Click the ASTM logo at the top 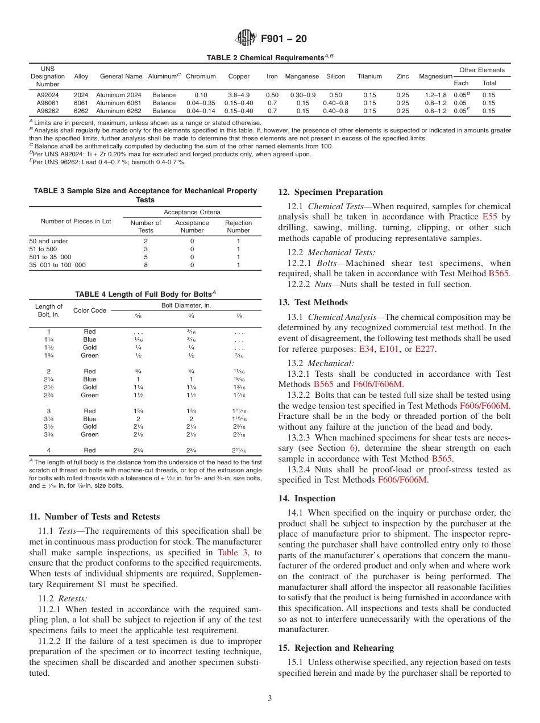tap(246, 39)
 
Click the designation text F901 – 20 tap(284, 39)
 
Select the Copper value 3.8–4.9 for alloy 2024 tap(239, 95)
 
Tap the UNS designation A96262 tap(48, 111)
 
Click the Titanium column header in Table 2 tap(369, 76)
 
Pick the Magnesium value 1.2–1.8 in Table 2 tap(435, 95)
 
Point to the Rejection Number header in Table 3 tap(238, 227)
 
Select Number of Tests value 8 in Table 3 tap(146, 265)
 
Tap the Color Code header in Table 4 tap(90, 310)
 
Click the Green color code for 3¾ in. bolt tap(90, 434)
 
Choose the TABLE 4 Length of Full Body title tap(145, 293)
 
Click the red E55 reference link tap(489, 217)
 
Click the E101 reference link tap(388, 348)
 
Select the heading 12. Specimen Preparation tap(330, 192)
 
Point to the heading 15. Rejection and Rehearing tap(336, 648)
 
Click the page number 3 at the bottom tap(270, 699)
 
